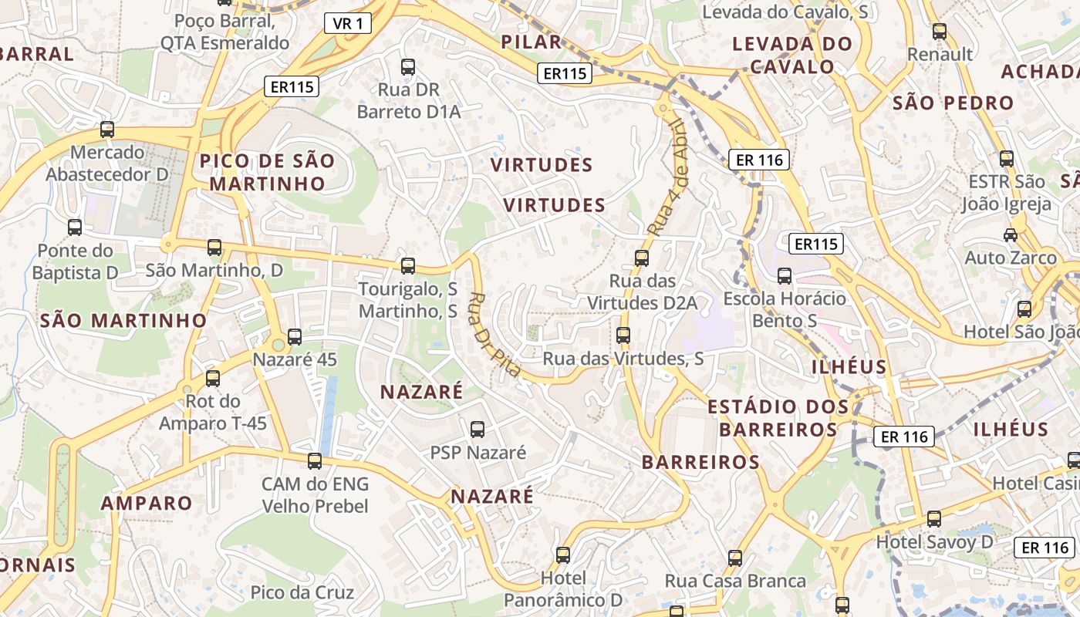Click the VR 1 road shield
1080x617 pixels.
coord(348,23)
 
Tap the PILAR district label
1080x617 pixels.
coord(531,42)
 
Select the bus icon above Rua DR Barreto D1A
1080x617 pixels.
coord(408,67)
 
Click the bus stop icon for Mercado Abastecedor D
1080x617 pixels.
coord(107,130)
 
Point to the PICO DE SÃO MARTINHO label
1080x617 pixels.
coord(268,172)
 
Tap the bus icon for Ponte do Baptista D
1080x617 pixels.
coord(75,228)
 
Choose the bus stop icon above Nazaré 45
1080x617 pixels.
coord(295,337)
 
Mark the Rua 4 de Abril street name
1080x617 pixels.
coord(667,177)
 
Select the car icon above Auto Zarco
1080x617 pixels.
coord(1010,234)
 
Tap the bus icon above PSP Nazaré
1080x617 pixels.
coord(478,430)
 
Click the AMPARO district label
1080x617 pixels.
coord(147,503)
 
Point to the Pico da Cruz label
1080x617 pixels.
coord(302,592)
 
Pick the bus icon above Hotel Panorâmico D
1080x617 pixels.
coord(563,555)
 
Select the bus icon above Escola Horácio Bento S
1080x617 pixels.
coord(785,275)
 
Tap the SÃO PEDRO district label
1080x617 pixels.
coord(953,103)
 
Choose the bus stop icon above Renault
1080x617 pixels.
coord(940,32)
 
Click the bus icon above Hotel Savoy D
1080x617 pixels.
coord(934,519)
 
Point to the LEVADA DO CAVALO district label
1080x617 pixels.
coord(792,55)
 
